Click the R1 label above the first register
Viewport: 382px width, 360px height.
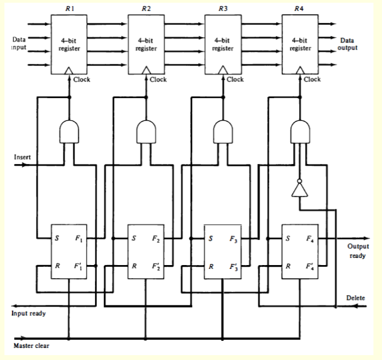(69, 9)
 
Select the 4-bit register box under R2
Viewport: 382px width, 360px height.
(146, 44)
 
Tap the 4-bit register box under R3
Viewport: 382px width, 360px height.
(222, 44)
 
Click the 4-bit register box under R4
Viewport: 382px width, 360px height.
(300, 44)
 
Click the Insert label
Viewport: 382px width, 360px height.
(22, 157)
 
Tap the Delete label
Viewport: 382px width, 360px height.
(355, 298)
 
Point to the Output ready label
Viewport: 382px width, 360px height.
(357, 251)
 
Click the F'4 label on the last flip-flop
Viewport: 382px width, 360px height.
(313, 267)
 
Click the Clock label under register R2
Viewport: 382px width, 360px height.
(159, 80)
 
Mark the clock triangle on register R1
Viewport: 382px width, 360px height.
(69, 71)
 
